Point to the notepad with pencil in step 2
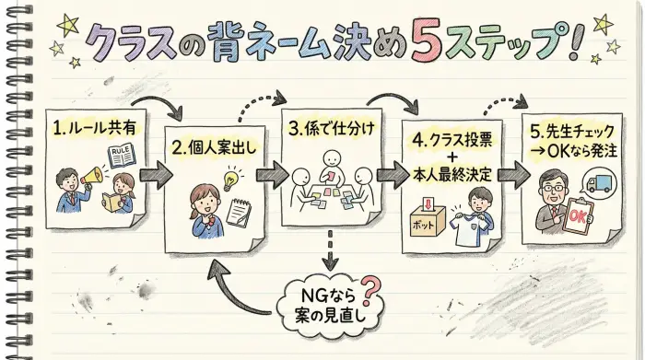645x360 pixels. [240, 213]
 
